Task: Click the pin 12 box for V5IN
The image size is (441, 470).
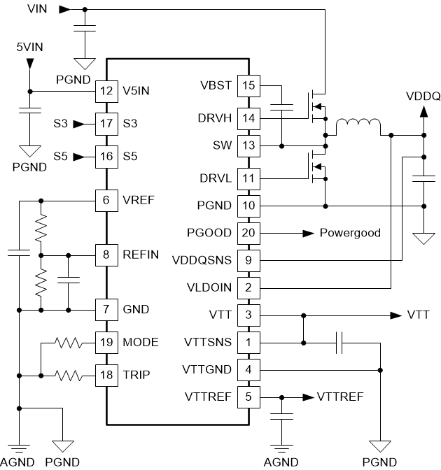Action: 106,90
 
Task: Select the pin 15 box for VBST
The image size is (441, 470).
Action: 247,86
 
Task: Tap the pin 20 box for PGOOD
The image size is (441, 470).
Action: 247,232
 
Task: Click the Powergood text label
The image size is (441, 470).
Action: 350,232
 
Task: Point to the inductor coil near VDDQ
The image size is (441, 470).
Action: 358,127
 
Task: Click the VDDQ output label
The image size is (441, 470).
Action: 423,96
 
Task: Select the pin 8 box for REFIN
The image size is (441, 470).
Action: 106,255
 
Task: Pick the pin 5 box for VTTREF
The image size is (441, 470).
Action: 247,397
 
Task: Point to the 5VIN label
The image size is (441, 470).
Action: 29,47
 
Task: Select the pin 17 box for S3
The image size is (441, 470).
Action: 106,123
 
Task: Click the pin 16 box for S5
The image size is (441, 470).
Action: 106,156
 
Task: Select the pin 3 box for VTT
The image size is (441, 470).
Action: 247,315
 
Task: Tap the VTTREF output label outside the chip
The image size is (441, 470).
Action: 339,397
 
